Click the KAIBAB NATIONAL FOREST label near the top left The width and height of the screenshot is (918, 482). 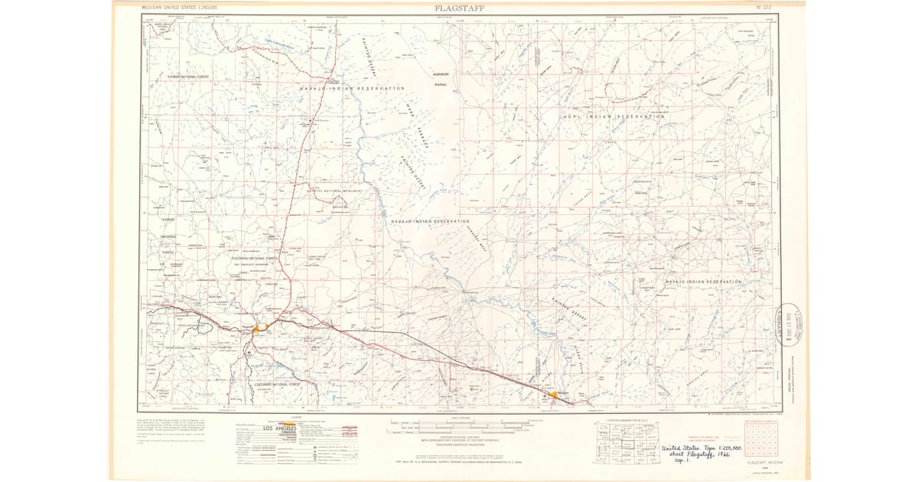point(188,77)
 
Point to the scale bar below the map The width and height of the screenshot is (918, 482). point(459,423)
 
